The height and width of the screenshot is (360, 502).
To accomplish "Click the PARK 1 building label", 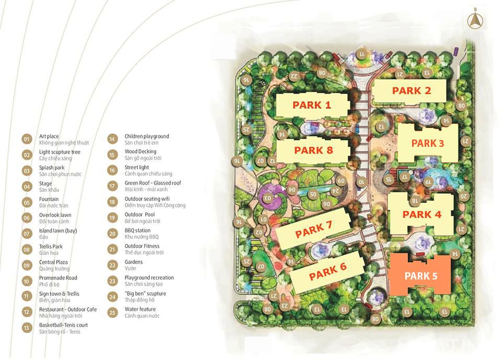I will pos(312,105).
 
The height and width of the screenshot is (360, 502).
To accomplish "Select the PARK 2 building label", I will pos(412,91).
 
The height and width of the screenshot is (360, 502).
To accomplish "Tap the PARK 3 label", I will pos(427,143).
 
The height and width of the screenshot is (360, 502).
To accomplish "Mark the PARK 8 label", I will pos(313,150).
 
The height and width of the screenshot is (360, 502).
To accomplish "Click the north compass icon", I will pos(475,21).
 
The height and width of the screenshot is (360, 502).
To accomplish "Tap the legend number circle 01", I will pos(27,140).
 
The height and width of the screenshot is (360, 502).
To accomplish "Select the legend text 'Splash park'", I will pos(52,168).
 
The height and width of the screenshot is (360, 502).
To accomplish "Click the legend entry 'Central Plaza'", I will pos(53,262).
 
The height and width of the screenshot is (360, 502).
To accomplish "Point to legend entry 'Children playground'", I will pos(146,136).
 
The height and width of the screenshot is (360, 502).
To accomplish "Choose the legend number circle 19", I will pos(112,218).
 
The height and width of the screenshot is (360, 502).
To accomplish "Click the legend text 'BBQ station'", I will pos(138,230).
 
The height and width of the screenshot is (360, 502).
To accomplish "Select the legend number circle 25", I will pos(112,312).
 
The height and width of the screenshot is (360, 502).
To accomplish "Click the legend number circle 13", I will pos(27,328).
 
